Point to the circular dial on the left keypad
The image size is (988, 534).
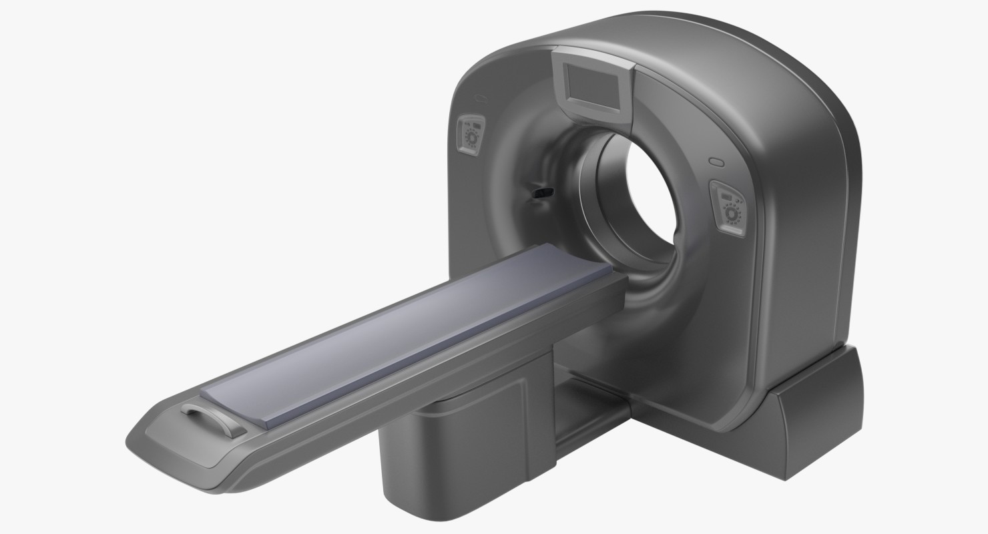coord(472,137)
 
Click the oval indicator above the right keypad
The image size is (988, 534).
coord(716,162)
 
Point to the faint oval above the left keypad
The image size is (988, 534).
coord(479,99)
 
